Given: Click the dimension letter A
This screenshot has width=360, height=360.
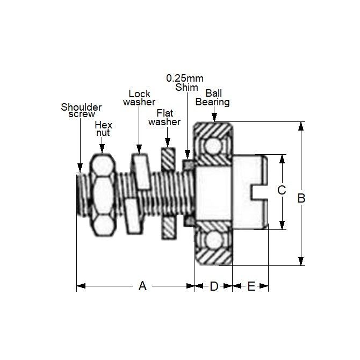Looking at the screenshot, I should click(x=142, y=286).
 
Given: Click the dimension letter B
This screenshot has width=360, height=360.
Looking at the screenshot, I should click(x=301, y=198).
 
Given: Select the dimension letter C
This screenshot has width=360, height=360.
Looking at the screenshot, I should click(x=280, y=190).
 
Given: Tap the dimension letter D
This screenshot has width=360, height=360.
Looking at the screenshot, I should click(x=213, y=286).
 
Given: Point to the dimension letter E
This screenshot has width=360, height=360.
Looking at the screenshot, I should click(x=251, y=286).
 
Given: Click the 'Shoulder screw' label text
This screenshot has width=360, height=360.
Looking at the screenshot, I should click(x=81, y=110).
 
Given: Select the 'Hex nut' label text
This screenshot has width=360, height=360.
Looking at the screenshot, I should click(x=103, y=128).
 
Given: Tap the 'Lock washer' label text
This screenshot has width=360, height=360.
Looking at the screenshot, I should click(x=139, y=98).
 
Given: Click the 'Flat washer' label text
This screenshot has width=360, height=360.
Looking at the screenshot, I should click(x=164, y=117).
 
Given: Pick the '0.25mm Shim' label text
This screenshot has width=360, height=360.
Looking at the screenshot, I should click(x=185, y=83).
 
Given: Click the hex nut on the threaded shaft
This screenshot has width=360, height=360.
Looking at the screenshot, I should click(x=102, y=196).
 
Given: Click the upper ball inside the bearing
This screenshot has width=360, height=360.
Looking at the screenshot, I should click(x=213, y=145).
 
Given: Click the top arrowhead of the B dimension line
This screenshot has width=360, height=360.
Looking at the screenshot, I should click(x=301, y=126).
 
